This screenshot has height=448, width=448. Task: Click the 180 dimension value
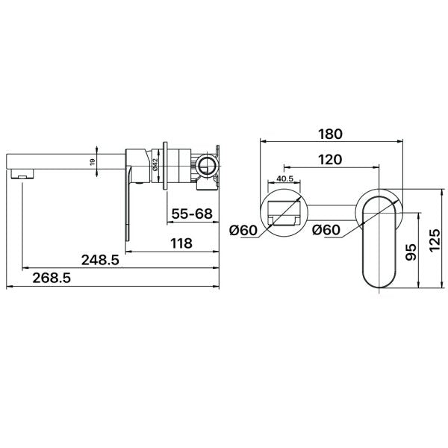(330, 134)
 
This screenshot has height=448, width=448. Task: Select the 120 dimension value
(330, 160)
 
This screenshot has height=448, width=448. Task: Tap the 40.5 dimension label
(285, 178)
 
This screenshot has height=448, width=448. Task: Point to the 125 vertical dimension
(435, 240)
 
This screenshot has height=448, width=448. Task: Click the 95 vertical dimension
(411, 252)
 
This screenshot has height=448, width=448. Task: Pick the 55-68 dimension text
(192, 214)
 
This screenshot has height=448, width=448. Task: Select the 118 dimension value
(181, 243)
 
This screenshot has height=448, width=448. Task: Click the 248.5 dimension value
(100, 260)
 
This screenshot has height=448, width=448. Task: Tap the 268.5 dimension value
(52, 278)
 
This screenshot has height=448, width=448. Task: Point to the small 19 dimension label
(92, 162)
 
